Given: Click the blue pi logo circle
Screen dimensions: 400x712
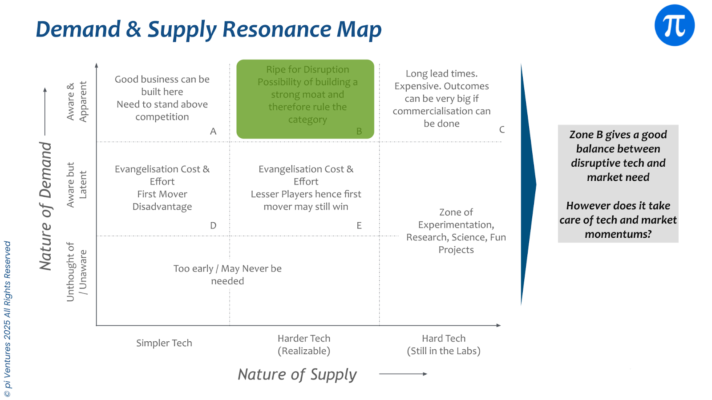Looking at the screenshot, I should point(674,25).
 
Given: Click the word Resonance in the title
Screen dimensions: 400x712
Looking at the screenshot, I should point(277,30).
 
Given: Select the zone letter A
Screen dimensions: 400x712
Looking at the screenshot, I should point(213,131).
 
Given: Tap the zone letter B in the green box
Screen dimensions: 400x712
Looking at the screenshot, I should point(359,131).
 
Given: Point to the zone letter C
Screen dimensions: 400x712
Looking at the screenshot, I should point(502,129).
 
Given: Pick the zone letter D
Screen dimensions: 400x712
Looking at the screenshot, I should point(213,225).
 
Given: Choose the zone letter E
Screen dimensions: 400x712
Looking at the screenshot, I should point(359,225).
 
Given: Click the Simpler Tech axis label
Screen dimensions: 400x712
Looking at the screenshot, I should point(164,343).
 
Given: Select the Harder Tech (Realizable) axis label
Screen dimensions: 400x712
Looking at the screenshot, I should point(304,344).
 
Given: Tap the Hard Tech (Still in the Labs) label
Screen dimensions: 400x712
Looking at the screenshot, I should point(444,344).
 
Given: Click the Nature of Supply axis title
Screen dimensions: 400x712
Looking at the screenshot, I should point(297,374).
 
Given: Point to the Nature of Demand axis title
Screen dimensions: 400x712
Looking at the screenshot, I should point(46,206).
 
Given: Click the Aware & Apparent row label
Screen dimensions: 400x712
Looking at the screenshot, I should point(77,101).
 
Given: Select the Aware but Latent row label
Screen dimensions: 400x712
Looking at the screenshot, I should point(77,185).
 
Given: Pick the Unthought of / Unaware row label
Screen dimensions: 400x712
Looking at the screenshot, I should point(77,272).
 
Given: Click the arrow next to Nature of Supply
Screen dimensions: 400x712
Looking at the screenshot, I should point(403,374).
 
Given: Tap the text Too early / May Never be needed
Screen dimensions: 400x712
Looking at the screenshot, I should point(227,275).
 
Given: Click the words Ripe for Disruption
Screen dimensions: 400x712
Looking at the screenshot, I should point(307,69).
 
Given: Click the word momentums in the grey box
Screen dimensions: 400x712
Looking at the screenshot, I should point(618,234).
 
